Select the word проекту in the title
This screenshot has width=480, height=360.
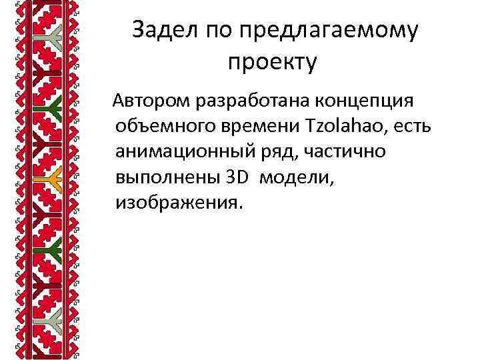272,63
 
